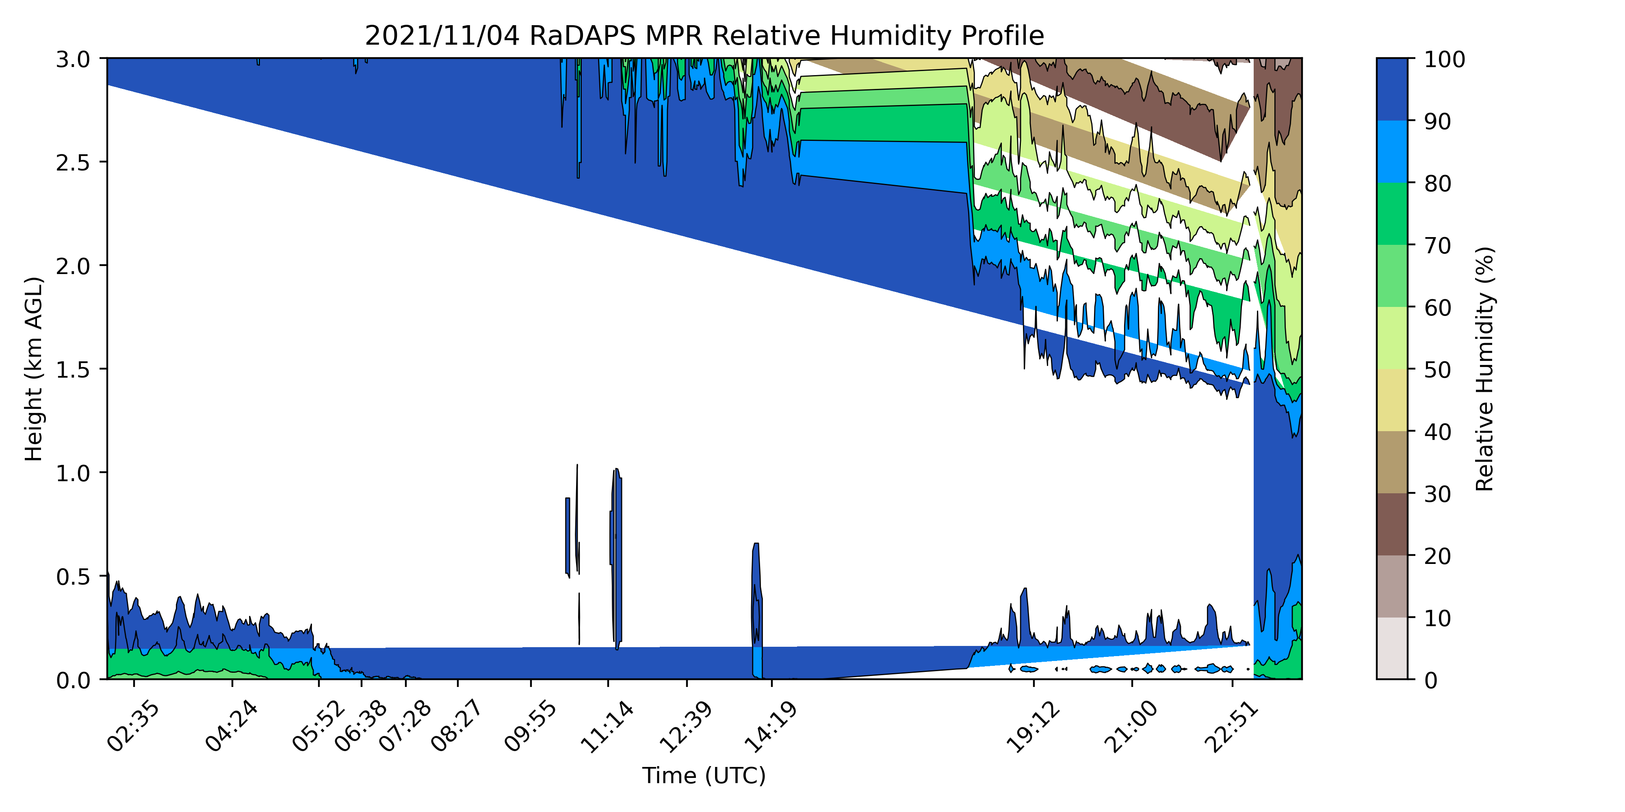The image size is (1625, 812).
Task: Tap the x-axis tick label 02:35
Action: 133,726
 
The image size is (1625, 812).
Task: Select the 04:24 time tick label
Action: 232,726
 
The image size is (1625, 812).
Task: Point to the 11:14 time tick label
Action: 607,726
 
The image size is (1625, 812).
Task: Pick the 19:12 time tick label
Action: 1033,726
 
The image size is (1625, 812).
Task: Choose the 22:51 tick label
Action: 1231,726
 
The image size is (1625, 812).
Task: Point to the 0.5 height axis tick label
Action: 73,576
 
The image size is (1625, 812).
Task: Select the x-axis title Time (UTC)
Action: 704,775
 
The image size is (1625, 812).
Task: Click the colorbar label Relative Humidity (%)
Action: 1484,369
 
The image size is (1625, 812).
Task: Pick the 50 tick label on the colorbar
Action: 1438,369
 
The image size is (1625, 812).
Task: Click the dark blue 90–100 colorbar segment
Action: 1391,89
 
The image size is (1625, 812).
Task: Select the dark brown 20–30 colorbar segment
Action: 1391,524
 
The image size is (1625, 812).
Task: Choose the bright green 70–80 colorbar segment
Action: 1391,214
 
